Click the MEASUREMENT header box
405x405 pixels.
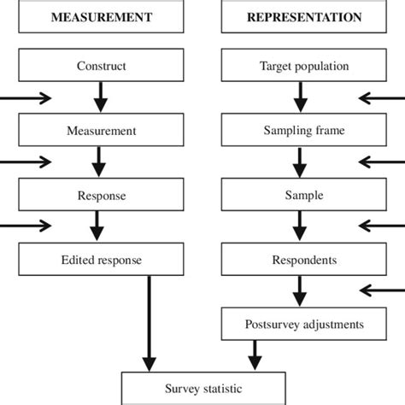coord(101,17)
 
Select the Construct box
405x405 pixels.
coord(101,66)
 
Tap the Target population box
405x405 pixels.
coord(304,66)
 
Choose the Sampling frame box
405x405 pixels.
coord(304,131)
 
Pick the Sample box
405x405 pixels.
coord(304,196)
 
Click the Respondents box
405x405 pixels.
coord(304,260)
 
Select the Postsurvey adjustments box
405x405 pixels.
coord(304,325)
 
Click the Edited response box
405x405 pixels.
coord(101,260)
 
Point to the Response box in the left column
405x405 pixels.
coord(101,196)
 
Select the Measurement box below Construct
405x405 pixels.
coord(101,131)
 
